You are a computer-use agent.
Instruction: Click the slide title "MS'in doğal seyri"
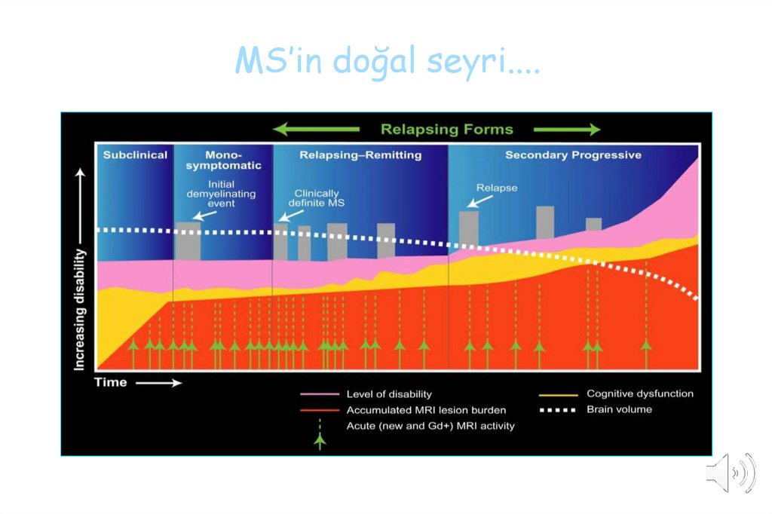387,61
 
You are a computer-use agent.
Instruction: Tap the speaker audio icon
730,473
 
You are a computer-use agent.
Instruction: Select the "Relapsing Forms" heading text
446,129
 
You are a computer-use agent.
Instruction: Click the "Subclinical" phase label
135,155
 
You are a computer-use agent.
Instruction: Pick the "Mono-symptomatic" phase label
223,161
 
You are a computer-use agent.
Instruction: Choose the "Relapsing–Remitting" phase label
360,155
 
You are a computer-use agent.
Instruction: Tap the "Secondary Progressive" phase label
573,155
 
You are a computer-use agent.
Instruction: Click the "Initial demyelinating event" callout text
221,193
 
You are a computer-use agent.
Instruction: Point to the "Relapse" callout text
497,188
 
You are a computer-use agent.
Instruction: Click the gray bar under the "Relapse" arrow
469,229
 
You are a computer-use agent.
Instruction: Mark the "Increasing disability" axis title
79,309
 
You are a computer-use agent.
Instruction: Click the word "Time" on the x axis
110,383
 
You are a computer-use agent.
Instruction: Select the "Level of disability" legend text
389,394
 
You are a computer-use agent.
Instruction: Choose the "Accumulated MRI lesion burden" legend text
426,411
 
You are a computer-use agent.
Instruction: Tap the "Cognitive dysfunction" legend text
639,393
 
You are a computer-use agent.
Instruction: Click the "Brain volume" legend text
619,410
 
